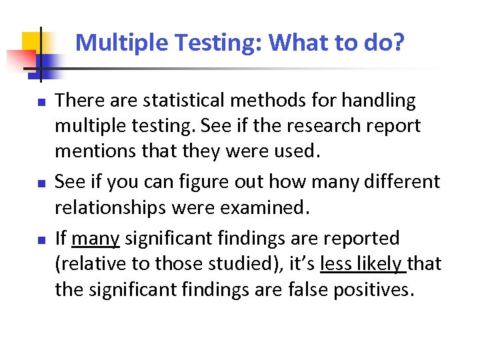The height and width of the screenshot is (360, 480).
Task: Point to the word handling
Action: (379, 101)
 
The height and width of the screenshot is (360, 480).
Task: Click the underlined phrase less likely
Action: (363, 264)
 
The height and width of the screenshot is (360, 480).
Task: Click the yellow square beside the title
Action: (31, 41)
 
